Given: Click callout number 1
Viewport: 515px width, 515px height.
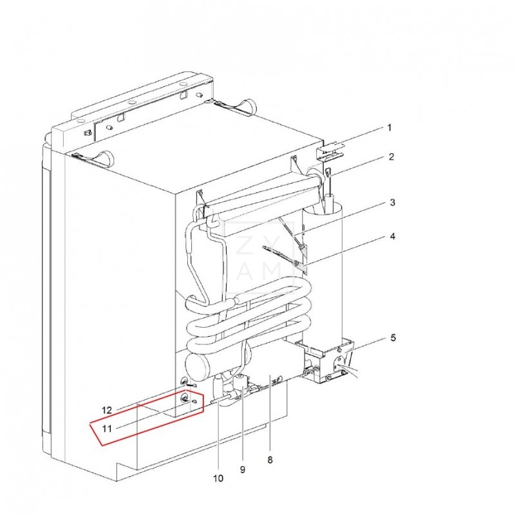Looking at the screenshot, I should pos(389,127).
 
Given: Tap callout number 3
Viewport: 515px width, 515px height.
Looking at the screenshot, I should pos(391,203).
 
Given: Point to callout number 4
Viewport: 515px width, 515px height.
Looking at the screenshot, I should pos(391,236).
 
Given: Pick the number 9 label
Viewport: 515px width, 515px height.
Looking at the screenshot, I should pos(242,469).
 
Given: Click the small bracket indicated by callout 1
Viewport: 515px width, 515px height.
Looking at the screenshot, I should pos(329,151).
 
